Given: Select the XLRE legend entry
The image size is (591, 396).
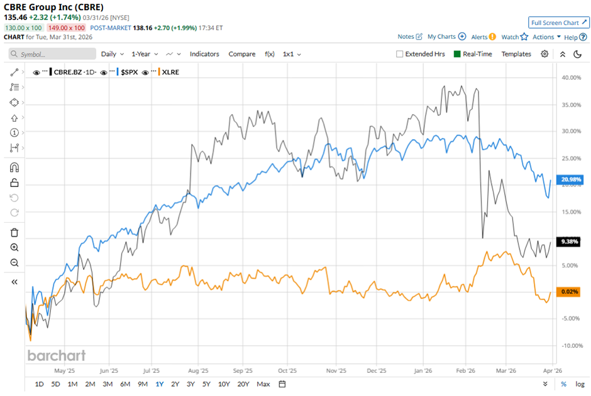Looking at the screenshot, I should (170, 72).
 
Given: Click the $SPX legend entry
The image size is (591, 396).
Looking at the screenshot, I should (130, 72).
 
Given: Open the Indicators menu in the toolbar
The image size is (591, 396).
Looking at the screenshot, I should (204, 54).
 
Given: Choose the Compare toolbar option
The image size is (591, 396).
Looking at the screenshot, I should (241, 54).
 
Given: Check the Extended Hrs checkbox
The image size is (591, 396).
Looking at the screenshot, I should (399, 54).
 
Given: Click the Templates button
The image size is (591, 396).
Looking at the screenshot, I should (516, 54).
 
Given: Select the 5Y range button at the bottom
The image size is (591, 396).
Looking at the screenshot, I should (206, 384).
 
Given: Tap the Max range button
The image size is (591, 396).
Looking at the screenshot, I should (263, 384).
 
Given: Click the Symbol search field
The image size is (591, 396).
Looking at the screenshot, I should (50, 55).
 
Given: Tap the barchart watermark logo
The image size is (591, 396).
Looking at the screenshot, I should (56, 356).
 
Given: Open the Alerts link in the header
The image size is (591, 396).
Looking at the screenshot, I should (483, 37).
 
